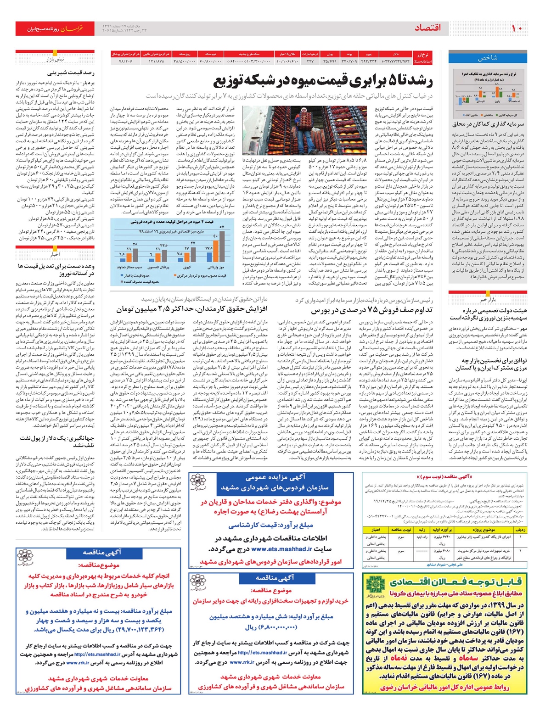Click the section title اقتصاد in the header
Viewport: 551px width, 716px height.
[x=428, y=28]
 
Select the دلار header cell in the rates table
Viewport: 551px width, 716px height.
[x=396, y=54]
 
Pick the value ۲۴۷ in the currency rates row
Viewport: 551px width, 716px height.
[x=310, y=61]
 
